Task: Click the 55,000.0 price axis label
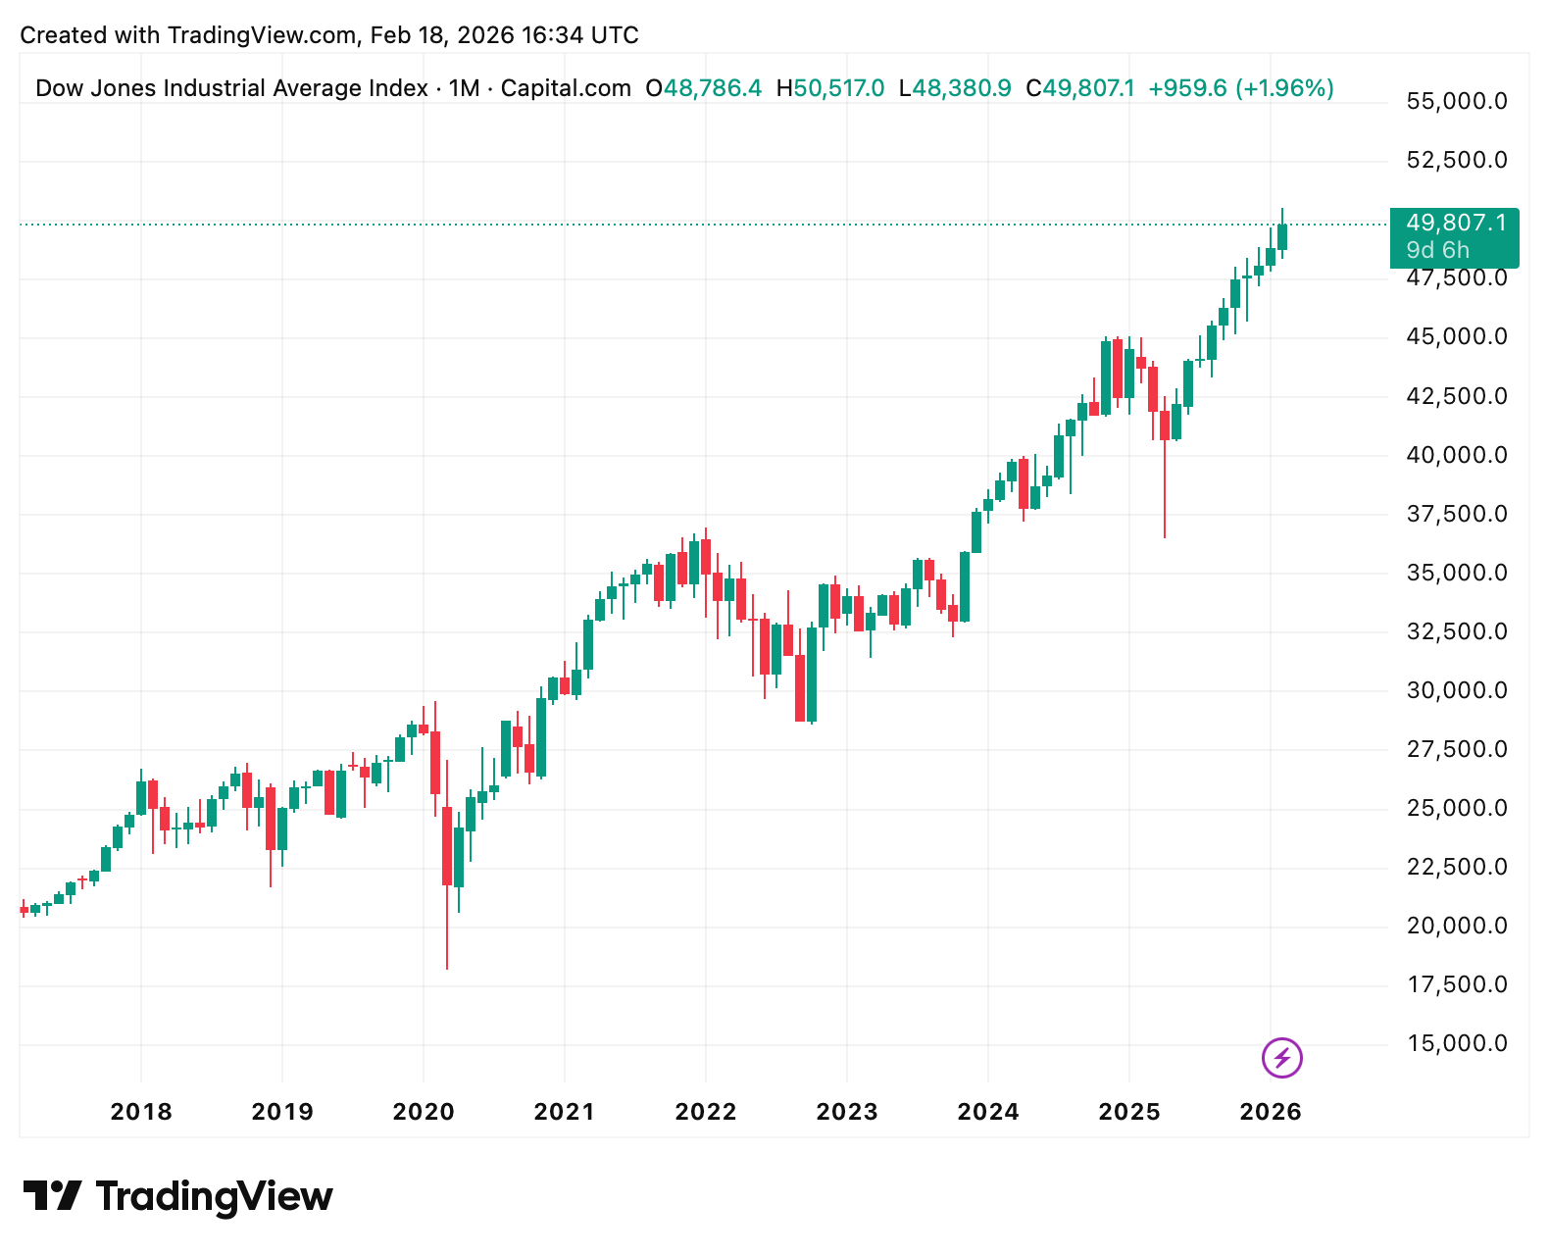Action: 1457,101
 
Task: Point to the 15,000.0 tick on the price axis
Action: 1457,1043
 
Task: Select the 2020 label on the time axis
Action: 424,1112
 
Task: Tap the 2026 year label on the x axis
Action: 1271,1112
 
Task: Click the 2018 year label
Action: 141,1112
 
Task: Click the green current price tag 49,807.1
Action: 1455,225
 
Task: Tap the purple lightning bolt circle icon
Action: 1281,1058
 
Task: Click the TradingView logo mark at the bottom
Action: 53,1196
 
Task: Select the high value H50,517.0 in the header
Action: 830,88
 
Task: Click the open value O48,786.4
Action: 703,88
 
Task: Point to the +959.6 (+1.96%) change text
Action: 1241,88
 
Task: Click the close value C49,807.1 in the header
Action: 1080,88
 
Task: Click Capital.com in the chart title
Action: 566,88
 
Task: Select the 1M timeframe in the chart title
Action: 464,88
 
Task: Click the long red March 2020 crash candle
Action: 447,845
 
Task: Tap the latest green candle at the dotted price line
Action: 1282,237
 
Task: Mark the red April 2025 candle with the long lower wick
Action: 1165,426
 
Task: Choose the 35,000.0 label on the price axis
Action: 1457,573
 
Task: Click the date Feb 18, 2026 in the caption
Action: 442,35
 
